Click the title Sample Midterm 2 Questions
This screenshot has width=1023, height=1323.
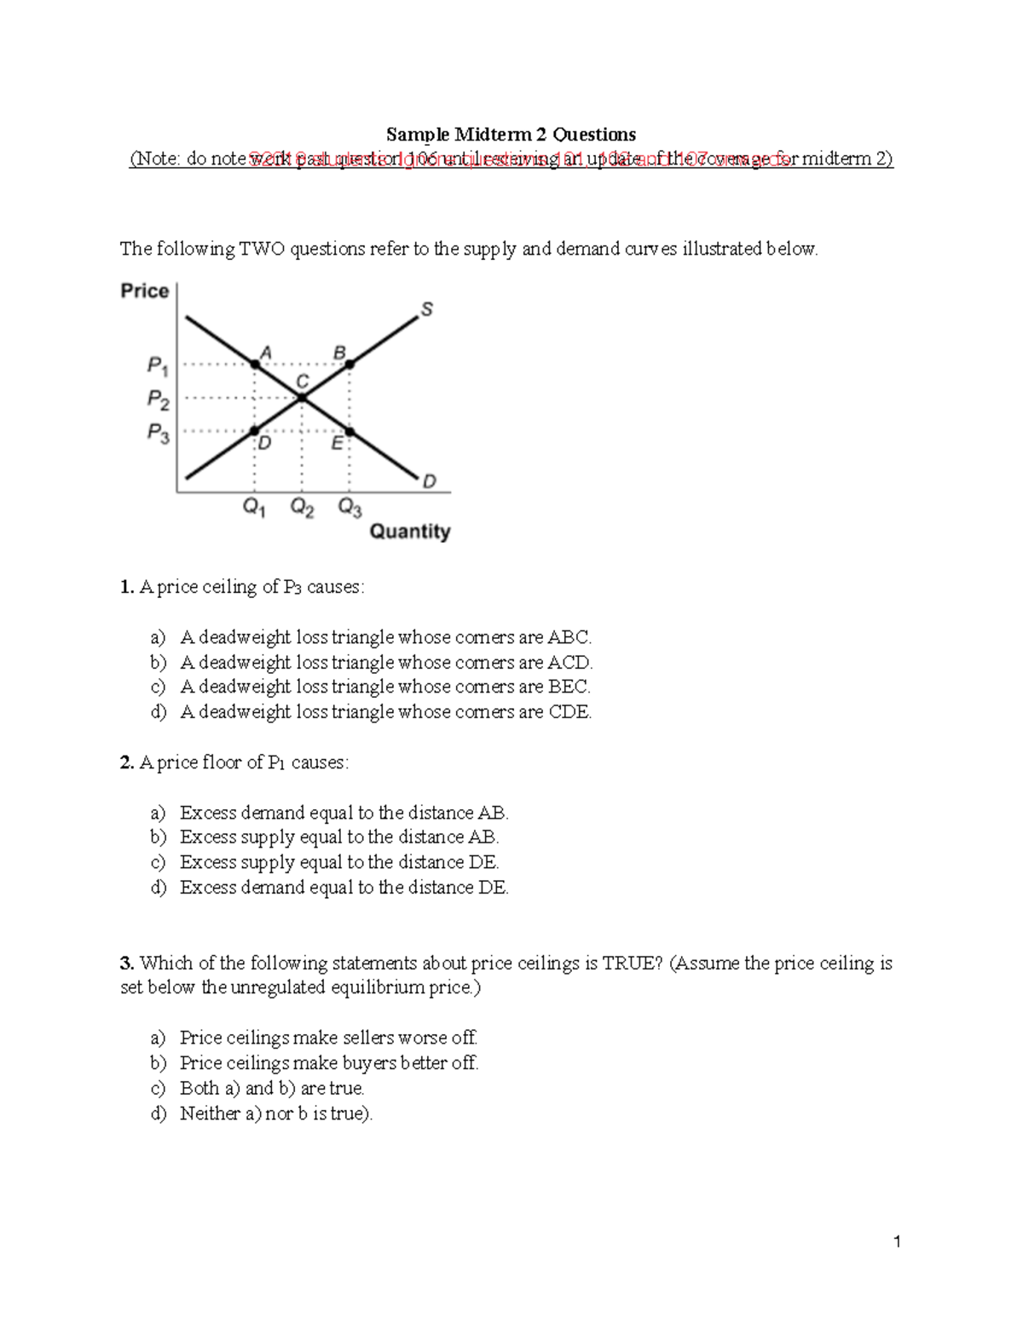(x=511, y=134)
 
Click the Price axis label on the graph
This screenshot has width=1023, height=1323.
(x=144, y=290)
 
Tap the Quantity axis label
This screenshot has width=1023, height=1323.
(x=409, y=532)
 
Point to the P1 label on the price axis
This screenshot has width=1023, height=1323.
(x=158, y=366)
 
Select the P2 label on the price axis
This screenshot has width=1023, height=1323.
(x=158, y=399)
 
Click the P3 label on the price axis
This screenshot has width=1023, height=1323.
(x=158, y=433)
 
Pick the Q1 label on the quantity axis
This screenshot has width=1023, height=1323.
(x=254, y=508)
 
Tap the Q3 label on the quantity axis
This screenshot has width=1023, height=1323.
(x=350, y=508)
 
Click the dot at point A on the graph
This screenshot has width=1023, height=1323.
(x=255, y=365)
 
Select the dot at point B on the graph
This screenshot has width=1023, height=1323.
(x=350, y=364)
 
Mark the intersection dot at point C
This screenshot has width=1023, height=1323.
(x=301, y=397)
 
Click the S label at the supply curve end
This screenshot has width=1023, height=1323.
(x=427, y=310)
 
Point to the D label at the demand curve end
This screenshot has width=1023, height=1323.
(x=429, y=481)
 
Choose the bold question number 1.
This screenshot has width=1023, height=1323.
(x=127, y=587)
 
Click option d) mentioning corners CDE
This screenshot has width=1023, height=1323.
(x=385, y=712)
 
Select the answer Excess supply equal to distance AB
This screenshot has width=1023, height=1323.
(x=339, y=837)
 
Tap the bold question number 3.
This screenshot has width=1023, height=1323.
(x=127, y=963)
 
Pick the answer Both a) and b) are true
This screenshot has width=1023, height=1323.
(x=272, y=1089)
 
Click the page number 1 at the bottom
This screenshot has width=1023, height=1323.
(x=897, y=1242)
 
